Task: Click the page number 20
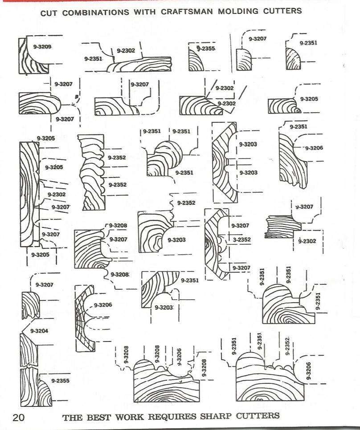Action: click(18, 418)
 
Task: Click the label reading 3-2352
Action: click(241, 240)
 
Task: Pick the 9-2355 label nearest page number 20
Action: click(60, 381)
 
